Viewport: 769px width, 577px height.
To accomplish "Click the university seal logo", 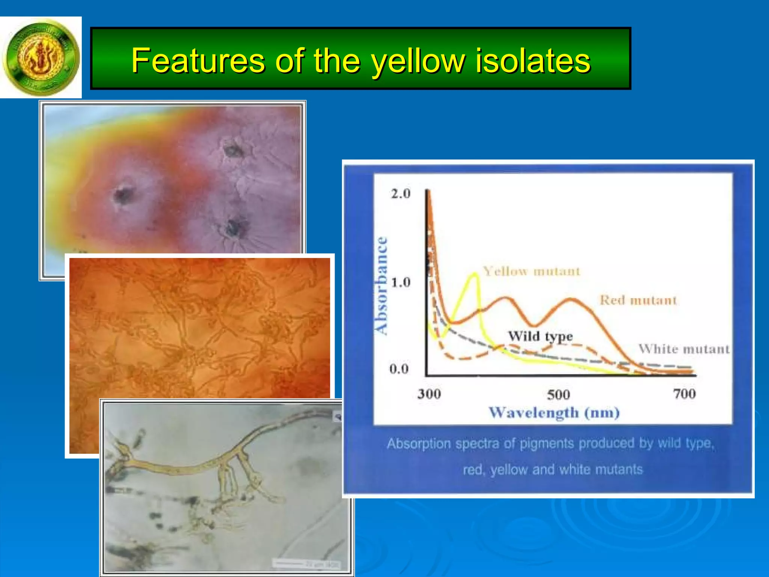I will (41, 57).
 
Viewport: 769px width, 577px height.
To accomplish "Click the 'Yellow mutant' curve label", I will (531, 271).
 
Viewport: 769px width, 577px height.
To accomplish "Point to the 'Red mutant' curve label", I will (638, 300).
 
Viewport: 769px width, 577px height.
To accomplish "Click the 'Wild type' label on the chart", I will (540, 336).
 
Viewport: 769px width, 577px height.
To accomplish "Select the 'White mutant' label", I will (684, 349).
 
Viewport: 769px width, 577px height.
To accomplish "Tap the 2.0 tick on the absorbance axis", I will (401, 194).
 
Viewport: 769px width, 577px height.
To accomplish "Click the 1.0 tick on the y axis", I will (401, 282).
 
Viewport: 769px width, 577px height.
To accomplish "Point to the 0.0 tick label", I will (399, 369).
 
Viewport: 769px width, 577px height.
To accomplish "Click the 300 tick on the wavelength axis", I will (429, 394).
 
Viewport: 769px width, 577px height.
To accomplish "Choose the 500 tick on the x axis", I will (558, 394).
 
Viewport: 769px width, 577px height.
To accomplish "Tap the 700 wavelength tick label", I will (684, 394).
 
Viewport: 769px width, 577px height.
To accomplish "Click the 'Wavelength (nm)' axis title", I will (554, 412).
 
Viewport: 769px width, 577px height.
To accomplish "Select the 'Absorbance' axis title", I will (381, 285).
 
